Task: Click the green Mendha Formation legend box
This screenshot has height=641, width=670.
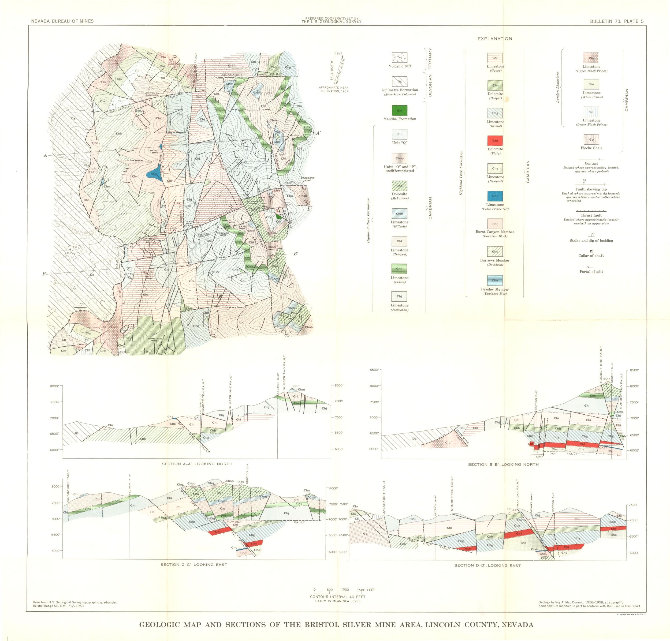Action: click(399, 110)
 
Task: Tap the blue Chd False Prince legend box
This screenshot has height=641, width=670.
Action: click(495, 196)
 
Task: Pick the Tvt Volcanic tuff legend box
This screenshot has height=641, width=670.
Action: click(399, 57)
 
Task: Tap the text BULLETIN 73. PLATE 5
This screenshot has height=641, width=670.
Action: click(617, 21)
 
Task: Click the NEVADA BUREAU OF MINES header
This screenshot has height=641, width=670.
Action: click(62, 21)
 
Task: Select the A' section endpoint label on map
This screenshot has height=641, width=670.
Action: click(318, 133)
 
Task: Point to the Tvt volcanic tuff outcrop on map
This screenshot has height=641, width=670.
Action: click(73, 253)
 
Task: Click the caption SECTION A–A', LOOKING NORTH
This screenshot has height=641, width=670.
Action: click(197, 464)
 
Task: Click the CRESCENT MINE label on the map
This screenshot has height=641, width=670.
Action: click(307, 179)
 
